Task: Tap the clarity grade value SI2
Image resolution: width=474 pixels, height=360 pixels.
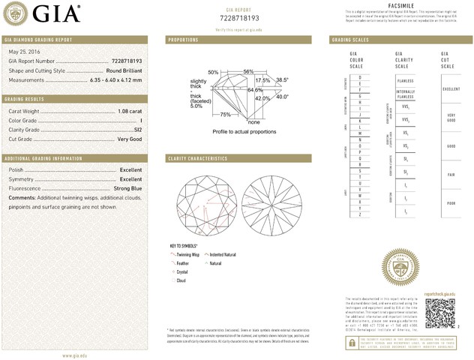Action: [x=136, y=130]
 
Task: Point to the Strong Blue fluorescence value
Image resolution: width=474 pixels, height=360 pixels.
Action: [x=125, y=188]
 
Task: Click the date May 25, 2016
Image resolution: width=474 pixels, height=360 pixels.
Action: [x=24, y=52]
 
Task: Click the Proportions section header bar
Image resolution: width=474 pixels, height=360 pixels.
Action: [x=241, y=39]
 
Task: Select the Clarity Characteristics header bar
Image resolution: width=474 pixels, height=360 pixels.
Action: [x=241, y=159]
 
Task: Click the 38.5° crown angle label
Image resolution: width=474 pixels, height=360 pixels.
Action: [x=282, y=79]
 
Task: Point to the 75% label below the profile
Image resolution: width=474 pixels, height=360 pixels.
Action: [x=225, y=114]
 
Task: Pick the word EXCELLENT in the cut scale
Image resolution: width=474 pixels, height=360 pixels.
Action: [x=451, y=88]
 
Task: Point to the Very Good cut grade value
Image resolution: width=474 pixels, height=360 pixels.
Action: [x=129, y=139]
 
